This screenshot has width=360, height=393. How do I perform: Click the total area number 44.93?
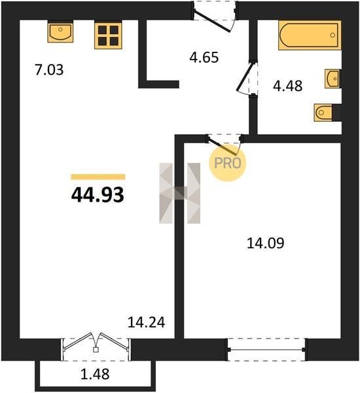[x=98, y=195]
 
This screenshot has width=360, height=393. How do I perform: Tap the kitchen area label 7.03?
[x=49, y=70]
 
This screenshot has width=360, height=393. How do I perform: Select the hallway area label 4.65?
[x=204, y=58]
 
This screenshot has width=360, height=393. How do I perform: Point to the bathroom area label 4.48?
[x=287, y=86]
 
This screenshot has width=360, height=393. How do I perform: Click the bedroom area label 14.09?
[x=265, y=243]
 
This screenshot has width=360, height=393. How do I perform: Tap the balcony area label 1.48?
[x=95, y=374]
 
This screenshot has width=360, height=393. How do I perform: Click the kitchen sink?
[x=60, y=32]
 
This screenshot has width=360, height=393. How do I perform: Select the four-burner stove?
[x=108, y=35]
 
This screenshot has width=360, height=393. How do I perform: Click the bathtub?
[x=310, y=35]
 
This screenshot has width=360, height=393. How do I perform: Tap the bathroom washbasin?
[x=333, y=79]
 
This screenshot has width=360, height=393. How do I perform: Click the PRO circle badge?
[x=228, y=163]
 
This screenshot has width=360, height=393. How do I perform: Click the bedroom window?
[x=266, y=350]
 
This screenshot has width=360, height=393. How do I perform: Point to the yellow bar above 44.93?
[x=98, y=177]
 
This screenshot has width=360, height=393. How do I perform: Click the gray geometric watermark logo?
[x=179, y=193]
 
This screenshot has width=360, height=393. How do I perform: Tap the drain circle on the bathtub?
[x=333, y=35]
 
